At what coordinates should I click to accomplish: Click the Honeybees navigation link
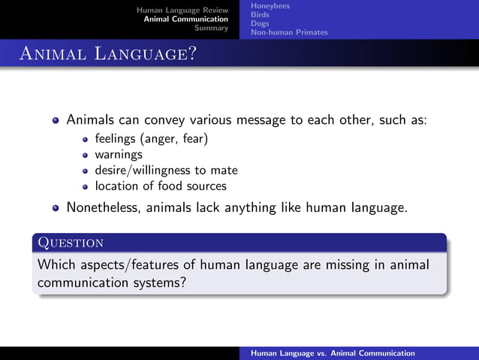(x=270, y=6)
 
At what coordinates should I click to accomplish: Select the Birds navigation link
(x=261, y=14)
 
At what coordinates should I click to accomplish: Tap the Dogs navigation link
(x=260, y=23)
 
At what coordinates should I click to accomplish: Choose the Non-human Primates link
(x=289, y=32)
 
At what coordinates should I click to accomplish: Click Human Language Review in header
(x=182, y=10)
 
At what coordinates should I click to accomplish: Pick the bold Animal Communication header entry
(x=186, y=19)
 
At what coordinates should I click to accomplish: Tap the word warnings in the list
(x=118, y=155)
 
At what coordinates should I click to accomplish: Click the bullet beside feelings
(x=86, y=140)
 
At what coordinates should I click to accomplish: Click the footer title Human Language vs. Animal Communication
(x=333, y=352)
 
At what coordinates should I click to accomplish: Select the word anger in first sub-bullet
(x=158, y=139)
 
